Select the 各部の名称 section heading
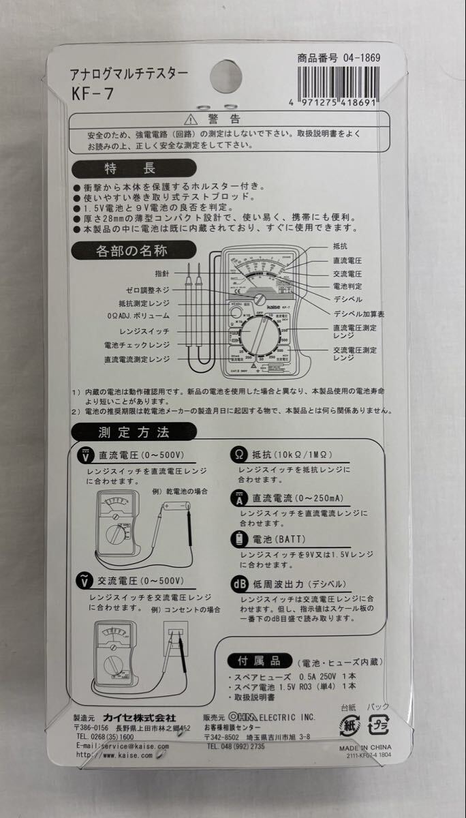(x=134, y=251)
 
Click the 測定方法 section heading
(x=134, y=431)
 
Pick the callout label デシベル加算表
(x=358, y=314)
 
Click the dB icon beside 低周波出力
(x=238, y=584)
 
